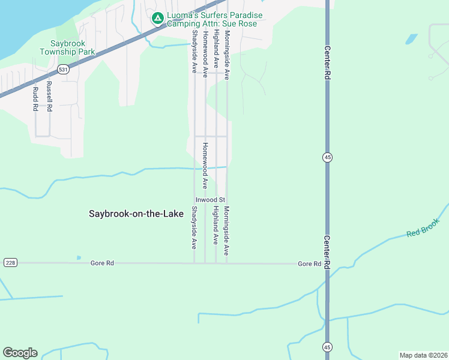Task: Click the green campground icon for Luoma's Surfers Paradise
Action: coord(157,19)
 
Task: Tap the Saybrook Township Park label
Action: coord(68,47)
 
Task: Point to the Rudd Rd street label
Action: coord(35,99)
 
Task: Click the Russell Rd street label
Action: coord(50,97)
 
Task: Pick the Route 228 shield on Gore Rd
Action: coord(10,263)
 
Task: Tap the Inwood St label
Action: coord(210,199)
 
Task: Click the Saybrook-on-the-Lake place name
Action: coord(136,214)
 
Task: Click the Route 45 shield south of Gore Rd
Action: coord(327,347)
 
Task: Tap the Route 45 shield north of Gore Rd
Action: coord(327,157)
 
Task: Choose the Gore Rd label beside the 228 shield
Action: coord(101,263)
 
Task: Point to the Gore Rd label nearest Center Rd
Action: coord(309,264)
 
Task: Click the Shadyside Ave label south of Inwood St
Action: coord(194,227)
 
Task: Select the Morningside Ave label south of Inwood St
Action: coord(227,230)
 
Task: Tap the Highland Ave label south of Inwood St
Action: coord(215,225)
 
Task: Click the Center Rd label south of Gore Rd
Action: coord(327,253)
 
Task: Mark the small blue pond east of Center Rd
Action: coord(411,39)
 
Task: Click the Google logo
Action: coord(20,353)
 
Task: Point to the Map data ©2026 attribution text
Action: coord(423,355)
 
